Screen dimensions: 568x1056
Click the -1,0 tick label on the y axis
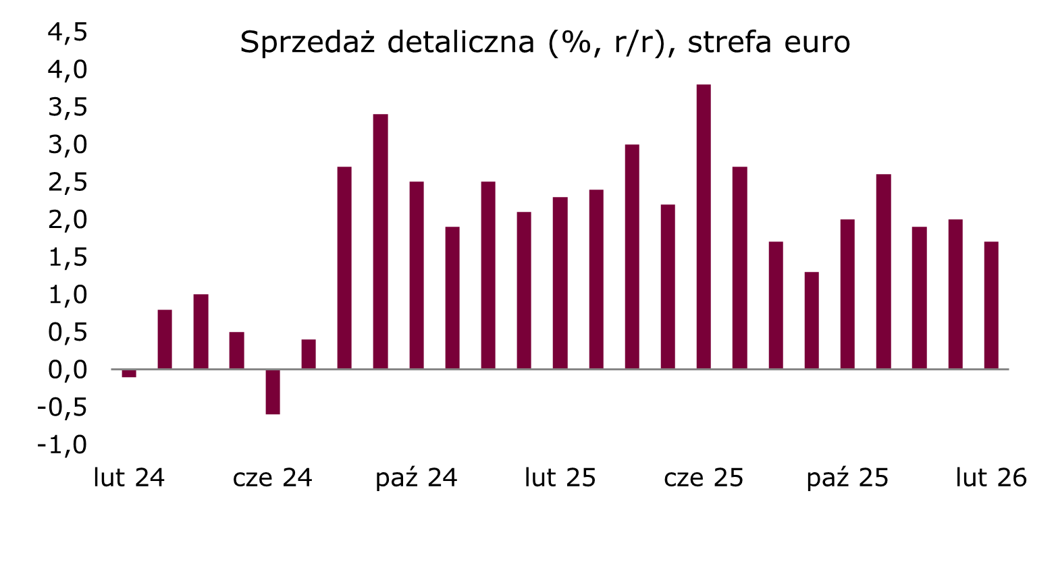pyautogui.click(x=62, y=445)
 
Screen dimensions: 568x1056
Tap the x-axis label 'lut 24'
pyautogui.click(x=129, y=478)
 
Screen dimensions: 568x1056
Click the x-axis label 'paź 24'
pyautogui.click(x=416, y=478)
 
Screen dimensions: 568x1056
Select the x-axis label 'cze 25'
pyautogui.click(x=704, y=478)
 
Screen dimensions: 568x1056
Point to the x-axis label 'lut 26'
pyautogui.click(x=991, y=478)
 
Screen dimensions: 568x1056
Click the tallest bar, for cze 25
pyautogui.click(x=704, y=227)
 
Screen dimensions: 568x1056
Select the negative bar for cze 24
pyautogui.click(x=273, y=391)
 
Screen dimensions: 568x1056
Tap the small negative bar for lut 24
pyautogui.click(x=129, y=373)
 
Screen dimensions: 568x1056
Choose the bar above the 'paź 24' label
pyautogui.click(x=417, y=275)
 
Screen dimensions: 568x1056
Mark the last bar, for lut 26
pyautogui.click(x=991, y=305)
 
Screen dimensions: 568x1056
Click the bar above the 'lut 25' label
pyautogui.click(x=560, y=283)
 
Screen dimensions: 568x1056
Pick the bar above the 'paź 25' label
pyautogui.click(x=847, y=294)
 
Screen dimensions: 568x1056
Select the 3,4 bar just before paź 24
pyautogui.click(x=381, y=242)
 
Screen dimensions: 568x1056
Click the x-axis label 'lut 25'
pyautogui.click(x=560, y=478)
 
